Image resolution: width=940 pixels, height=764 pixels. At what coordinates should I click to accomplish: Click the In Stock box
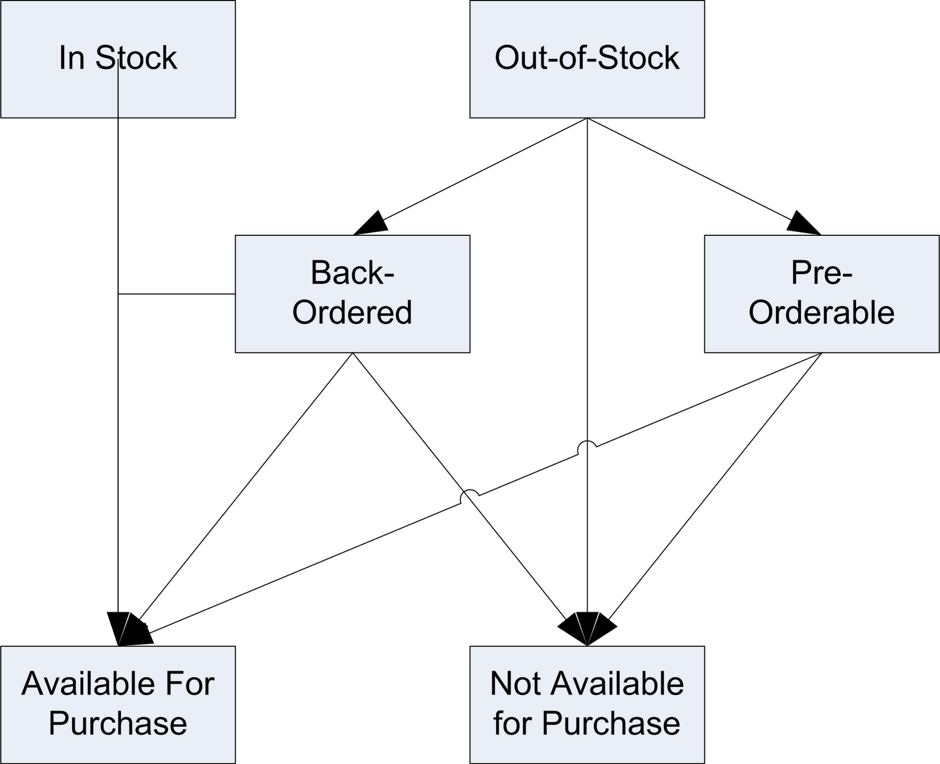pyautogui.click(x=117, y=59)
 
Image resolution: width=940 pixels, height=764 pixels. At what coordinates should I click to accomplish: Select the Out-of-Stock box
pyautogui.click(x=587, y=59)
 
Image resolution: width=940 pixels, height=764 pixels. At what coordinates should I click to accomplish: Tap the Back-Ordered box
pyautogui.click(x=352, y=293)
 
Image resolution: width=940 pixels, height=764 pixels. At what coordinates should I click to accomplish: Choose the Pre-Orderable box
pyautogui.click(x=821, y=293)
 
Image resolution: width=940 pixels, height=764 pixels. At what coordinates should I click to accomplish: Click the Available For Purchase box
pyautogui.click(x=117, y=705)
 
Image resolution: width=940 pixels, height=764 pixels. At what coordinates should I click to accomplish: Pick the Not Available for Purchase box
pyautogui.click(x=587, y=705)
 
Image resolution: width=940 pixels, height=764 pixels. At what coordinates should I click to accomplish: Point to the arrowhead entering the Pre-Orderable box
pyautogui.click(x=803, y=223)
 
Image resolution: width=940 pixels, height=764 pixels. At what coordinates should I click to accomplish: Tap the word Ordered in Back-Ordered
pyautogui.click(x=352, y=312)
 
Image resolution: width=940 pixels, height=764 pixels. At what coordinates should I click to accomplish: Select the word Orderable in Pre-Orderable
pyautogui.click(x=821, y=312)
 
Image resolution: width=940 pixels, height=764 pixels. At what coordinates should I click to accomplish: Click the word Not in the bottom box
pyautogui.click(x=515, y=684)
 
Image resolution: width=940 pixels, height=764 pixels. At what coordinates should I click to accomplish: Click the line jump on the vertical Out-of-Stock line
pyautogui.click(x=587, y=447)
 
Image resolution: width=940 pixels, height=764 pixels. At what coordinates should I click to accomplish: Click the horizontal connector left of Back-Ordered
pyautogui.click(x=176, y=293)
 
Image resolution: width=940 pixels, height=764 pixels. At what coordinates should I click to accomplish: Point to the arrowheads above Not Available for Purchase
pyautogui.click(x=587, y=628)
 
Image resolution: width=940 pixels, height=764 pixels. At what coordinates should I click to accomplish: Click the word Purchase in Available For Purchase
pyautogui.click(x=117, y=723)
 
